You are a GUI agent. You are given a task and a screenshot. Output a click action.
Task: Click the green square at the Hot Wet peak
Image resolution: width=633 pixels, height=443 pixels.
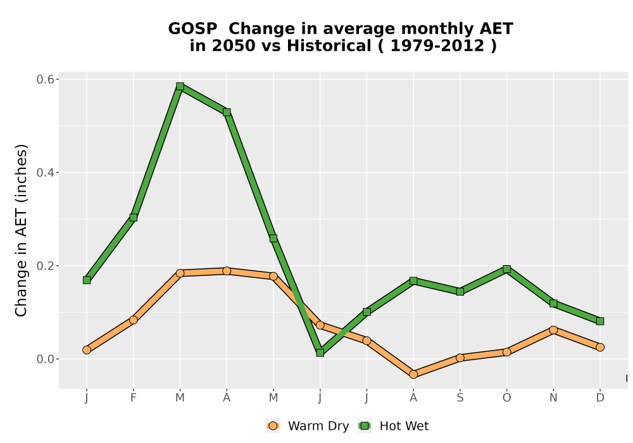click(x=180, y=86)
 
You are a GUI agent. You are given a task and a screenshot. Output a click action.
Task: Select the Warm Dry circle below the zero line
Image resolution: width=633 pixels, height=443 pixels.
click(x=413, y=375)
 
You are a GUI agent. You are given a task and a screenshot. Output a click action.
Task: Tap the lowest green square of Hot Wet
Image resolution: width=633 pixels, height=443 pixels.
click(x=320, y=353)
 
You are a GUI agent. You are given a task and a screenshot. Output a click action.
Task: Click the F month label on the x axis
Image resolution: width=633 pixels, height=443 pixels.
click(x=133, y=398)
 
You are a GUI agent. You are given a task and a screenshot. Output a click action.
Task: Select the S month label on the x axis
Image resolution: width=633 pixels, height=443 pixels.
click(x=460, y=398)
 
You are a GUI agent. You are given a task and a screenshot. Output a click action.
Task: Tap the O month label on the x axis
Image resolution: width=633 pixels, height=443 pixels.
click(x=506, y=398)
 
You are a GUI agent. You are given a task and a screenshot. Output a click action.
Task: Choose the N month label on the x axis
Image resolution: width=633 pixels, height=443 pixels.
click(x=553, y=398)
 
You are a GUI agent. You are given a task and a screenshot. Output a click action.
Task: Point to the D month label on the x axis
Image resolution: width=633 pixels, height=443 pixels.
click(x=600, y=398)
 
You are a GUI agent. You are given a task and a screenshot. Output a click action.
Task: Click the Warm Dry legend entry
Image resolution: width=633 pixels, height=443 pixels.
click(x=307, y=426)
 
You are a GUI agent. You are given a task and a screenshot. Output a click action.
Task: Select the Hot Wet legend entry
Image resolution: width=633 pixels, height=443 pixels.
click(x=393, y=426)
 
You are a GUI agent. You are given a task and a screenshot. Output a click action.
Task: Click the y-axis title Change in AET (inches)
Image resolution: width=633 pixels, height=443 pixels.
click(x=21, y=230)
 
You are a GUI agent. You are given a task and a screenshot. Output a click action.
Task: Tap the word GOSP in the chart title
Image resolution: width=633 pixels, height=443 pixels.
click(x=192, y=29)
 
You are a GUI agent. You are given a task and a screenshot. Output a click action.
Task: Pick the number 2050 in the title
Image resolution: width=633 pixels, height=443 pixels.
click(x=234, y=46)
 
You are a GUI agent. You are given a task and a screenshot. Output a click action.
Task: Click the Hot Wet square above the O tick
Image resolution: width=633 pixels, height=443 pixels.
click(x=506, y=269)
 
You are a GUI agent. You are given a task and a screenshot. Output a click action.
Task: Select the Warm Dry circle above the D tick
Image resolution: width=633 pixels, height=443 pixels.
click(x=600, y=347)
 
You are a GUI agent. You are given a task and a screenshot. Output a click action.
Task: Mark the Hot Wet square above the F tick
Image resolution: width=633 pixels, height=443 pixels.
click(x=133, y=218)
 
